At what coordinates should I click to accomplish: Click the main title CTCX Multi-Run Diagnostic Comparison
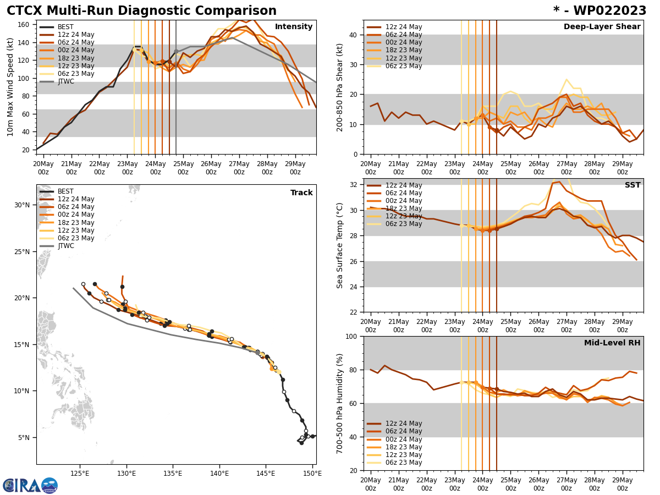[x=141, y=11]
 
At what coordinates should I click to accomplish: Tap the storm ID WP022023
[x=599, y=11]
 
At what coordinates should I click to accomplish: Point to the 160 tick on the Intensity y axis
[x=24, y=24]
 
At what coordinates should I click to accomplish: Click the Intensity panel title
[x=293, y=27]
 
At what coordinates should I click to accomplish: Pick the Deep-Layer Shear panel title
[x=602, y=27]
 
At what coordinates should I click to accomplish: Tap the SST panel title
[x=632, y=185]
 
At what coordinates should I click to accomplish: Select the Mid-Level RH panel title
[x=612, y=343]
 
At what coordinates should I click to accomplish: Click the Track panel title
[x=301, y=193]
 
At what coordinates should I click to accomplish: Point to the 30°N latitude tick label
[x=21, y=205]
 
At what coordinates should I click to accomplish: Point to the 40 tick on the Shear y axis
[x=352, y=35]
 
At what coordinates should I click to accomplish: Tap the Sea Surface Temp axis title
[x=340, y=245]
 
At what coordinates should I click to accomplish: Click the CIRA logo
[x=30, y=486]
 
